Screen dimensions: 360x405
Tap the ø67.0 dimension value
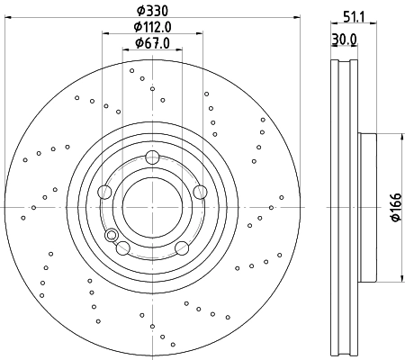pyautogui.click(x=152, y=43)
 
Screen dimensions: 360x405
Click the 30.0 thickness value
pyautogui.click(x=344, y=39)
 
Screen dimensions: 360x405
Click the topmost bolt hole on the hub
pyautogui.click(x=152, y=158)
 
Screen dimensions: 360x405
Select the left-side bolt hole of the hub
pyautogui.click(x=105, y=191)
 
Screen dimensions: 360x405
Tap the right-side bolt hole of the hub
pyautogui.click(x=199, y=191)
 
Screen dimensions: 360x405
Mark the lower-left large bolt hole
pyautogui.click(x=123, y=247)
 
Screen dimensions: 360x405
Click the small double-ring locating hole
pyautogui.click(x=112, y=236)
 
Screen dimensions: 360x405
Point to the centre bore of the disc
pyautogui.click(x=152, y=206)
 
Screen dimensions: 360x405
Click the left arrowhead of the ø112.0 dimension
pyautogui.click(x=107, y=34)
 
